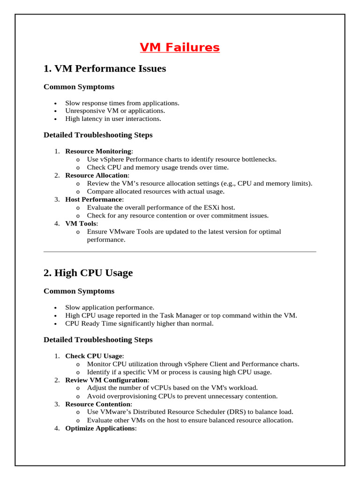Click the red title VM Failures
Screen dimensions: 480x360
[180, 47]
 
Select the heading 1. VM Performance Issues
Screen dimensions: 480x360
[105, 68]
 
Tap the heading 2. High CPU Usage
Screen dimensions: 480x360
[88, 272]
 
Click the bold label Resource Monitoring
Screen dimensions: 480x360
[98, 151]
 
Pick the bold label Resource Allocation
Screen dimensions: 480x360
[96, 175]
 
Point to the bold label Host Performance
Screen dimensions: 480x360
[94, 199]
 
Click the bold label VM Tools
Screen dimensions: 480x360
[81, 224]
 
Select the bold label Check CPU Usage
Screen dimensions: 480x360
[93, 356]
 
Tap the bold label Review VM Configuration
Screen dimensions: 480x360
[106, 380]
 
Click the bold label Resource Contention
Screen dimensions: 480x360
[98, 404]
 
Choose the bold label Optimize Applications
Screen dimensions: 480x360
[100, 428]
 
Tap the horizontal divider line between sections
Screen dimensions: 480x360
[180, 252]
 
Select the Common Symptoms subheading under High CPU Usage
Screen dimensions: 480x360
[79, 291]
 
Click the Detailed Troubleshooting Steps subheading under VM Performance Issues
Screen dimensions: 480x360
[98, 135]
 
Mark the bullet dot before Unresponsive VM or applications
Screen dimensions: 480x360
[55, 112]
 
